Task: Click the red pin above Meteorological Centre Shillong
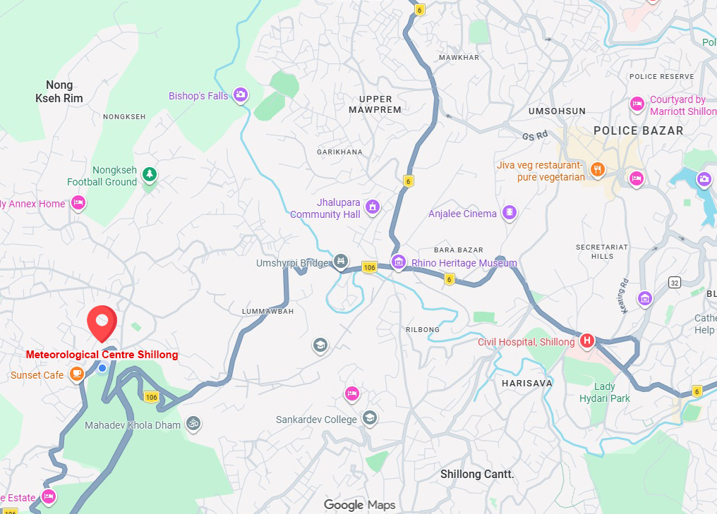pyautogui.click(x=102, y=323)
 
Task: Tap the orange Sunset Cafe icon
pyautogui.click(x=77, y=375)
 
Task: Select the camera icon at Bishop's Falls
pyautogui.click(x=241, y=94)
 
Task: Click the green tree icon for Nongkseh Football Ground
pyautogui.click(x=149, y=173)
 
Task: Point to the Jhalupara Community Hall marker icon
pyautogui.click(x=373, y=207)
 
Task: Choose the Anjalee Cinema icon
pyautogui.click(x=510, y=212)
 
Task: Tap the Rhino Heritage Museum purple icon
pyautogui.click(x=399, y=262)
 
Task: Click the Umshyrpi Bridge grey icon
pyautogui.click(x=341, y=262)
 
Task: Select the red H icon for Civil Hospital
pyautogui.click(x=586, y=341)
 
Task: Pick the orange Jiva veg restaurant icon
pyautogui.click(x=597, y=169)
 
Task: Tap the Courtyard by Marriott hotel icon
pyautogui.click(x=637, y=104)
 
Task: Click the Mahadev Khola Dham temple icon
pyautogui.click(x=193, y=424)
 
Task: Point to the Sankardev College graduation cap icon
pyautogui.click(x=369, y=418)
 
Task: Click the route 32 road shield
pyautogui.click(x=675, y=282)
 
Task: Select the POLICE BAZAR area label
pyautogui.click(x=638, y=130)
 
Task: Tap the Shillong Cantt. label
pyautogui.click(x=477, y=475)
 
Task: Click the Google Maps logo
pyautogui.click(x=359, y=504)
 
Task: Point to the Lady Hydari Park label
pyautogui.click(x=604, y=393)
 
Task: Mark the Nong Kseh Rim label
pyautogui.click(x=59, y=92)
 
